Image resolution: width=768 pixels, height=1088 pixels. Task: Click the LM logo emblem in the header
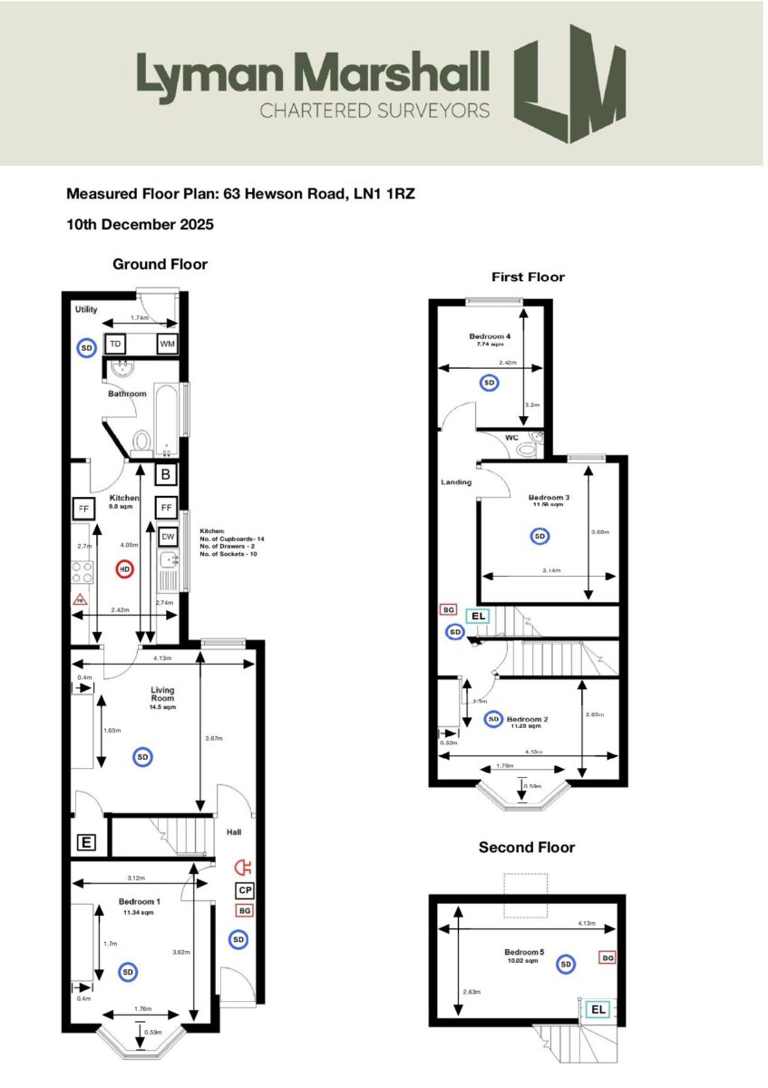click(x=569, y=84)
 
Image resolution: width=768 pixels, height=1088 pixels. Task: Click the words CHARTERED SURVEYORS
click(x=374, y=111)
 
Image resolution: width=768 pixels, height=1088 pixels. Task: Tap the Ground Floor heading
click(x=160, y=264)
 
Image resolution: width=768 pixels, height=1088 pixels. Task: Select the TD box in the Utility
click(x=115, y=345)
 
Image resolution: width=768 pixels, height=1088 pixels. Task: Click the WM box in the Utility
click(x=167, y=345)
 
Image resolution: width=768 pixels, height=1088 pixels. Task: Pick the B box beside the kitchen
click(x=166, y=473)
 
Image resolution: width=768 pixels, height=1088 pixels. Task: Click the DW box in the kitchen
click(x=167, y=536)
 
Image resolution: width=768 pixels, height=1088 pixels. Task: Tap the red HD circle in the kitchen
click(x=125, y=569)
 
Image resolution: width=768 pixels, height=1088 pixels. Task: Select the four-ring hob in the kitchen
click(x=80, y=572)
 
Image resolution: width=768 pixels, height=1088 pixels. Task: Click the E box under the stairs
click(x=86, y=843)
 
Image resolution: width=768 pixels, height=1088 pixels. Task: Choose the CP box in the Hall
click(x=244, y=890)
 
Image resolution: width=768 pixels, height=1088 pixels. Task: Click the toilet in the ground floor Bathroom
click(x=141, y=442)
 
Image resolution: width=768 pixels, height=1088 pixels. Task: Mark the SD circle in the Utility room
click(x=86, y=347)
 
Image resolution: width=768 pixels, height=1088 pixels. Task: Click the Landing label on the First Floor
click(x=457, y=482)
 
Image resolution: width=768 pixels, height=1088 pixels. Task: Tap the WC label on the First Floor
click(x=511, y=438)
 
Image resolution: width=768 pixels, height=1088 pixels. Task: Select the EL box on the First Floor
click(x=478, y=617)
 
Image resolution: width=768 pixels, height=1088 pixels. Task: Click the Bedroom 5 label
click(x=525, y=952)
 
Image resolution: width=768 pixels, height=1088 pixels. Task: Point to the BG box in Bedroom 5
click(x=608, y=957)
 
